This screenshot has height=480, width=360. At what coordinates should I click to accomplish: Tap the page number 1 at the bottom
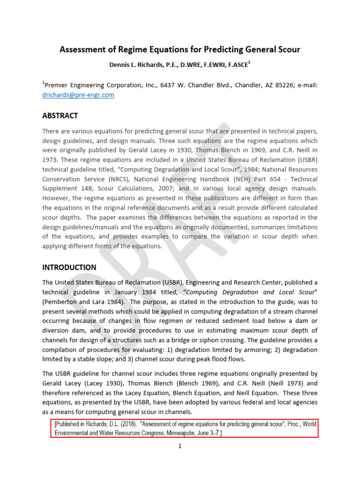point(180,446)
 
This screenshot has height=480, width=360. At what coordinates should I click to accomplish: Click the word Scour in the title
point(286,49)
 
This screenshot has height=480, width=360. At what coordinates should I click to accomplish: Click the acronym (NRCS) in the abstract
point(117,179)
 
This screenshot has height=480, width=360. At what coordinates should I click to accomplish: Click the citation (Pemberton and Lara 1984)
point(82,301)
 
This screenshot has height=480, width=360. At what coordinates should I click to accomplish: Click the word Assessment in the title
point(82,49)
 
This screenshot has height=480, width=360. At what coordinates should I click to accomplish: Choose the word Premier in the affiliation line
point(58,85)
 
